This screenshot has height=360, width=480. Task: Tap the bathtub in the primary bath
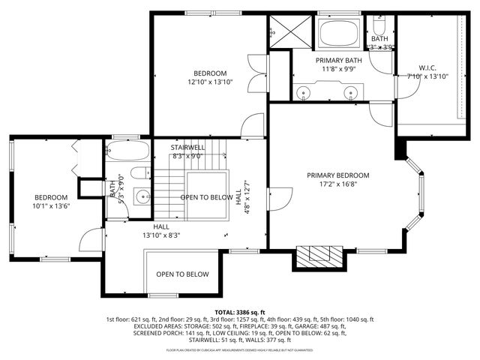coord(340,34)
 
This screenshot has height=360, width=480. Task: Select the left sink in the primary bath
coord(304,92)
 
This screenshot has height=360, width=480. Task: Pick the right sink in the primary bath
coord(350,92)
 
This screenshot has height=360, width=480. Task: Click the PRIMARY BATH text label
coord(338,60)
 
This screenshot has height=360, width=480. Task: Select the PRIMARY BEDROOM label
coord(337,175)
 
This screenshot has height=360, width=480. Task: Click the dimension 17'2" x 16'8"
coord(337,184)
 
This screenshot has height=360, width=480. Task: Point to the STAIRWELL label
coord(187,148)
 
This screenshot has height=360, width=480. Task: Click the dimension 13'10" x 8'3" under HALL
coord(161,235)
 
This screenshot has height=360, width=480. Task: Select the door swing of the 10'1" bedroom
coord(91,239)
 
